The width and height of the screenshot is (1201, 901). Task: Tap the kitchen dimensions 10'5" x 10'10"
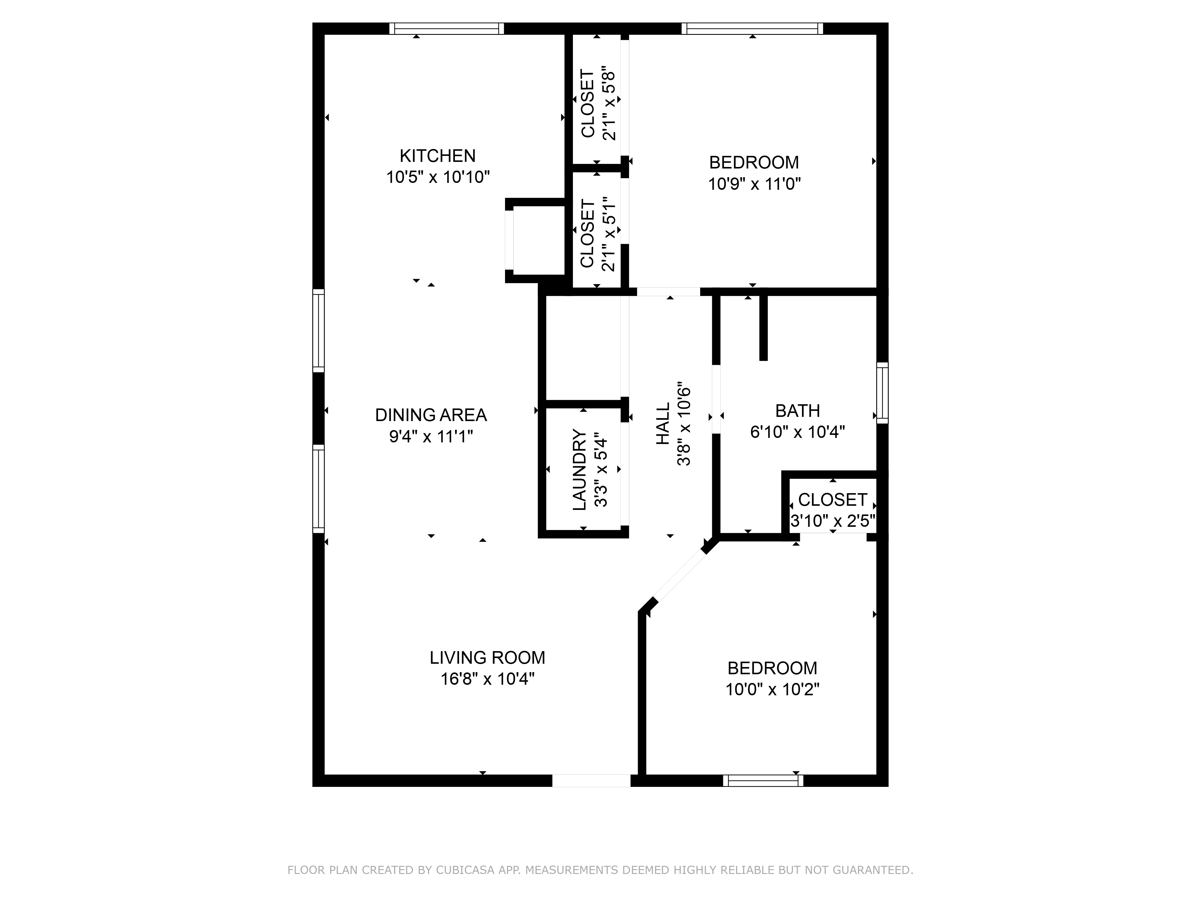point(438,177)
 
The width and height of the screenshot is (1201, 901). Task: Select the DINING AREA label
point(431,415)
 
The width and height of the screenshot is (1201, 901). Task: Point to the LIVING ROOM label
point(487,658)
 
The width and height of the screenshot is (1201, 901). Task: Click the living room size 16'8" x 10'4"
point(487,679)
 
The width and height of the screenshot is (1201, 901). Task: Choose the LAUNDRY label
point(579,470)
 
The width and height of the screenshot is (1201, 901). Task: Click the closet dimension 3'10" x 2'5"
point(832,521)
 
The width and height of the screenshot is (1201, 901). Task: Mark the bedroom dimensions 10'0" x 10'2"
point(772,689)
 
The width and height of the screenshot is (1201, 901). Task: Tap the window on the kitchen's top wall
point(446,28)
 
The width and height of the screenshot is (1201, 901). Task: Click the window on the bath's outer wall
point(882,393)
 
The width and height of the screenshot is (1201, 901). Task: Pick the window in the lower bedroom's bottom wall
point(763,781)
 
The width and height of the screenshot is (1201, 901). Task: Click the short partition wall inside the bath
point(763,327)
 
